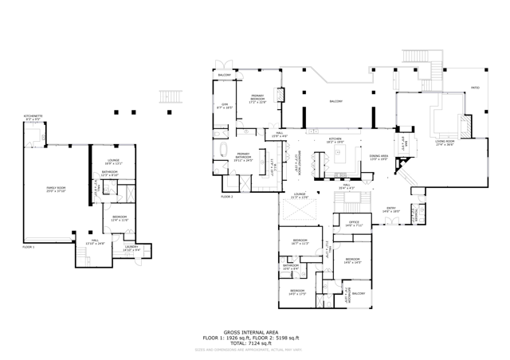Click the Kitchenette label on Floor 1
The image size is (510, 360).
point(33,117)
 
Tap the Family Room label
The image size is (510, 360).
point(55,190)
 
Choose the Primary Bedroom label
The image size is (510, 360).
point(257,100)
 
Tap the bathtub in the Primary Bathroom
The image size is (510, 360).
point(225,151)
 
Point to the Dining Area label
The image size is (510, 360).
point(378,158)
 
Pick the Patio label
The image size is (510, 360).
point(475,88)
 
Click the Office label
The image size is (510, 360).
point(354,225)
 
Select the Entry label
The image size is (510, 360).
point(390,209)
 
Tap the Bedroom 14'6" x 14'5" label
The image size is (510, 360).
point(352,260)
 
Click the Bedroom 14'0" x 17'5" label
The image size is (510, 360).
point(296,292)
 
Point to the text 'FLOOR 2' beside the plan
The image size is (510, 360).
point(226,196)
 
